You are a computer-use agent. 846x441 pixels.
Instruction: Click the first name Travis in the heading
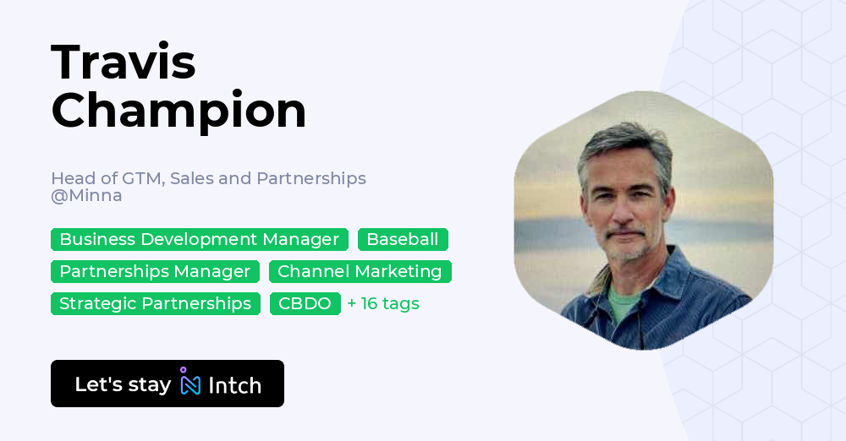[x=124, y=63]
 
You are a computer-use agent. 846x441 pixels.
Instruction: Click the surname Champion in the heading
[x=179, y=110]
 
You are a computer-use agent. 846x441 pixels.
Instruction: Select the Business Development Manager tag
[x=200, y=240]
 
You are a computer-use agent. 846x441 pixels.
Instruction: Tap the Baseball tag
[x=403, y=240]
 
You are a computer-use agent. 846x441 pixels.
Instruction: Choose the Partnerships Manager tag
[x=155, y=272]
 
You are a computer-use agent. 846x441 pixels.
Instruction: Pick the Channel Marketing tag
[x=360, y=272]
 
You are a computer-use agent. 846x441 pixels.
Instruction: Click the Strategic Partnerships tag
[x=155, y=304]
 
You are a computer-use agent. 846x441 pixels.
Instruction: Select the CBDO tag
[x=305, y=304]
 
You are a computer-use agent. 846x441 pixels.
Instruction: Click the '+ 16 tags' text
[x=383, y=304]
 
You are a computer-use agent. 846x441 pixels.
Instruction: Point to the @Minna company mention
[x=86, y=196]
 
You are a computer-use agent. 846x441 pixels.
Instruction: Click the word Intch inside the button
[x=235, y=385]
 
